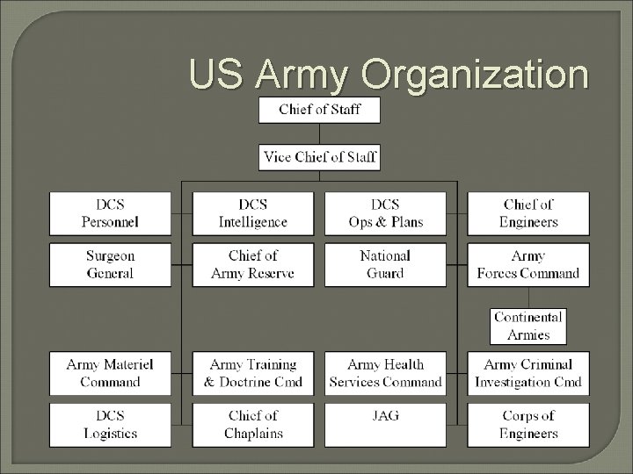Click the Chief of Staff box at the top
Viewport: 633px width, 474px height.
[x=319, y=110]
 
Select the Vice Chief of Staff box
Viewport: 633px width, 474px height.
[x=319, y=157]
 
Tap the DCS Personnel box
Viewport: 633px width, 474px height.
[x=110, y=213]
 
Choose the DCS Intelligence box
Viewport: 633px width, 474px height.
[x=252, y=213]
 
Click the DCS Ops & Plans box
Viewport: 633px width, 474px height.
[x=385, y=213]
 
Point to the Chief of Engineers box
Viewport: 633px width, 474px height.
[x=528, y=213]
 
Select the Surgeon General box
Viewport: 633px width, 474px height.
[x=110, y=264]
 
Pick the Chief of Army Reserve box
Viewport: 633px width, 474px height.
[x=252, y=264]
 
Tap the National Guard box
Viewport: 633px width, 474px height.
[x=385, y=264]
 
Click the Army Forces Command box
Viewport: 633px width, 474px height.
[x=528, y=264]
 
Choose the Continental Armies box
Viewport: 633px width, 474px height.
[x=528, y=326]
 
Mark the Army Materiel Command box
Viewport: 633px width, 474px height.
[x=110, y=373]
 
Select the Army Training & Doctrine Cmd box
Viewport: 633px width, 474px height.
[x=252, y=373]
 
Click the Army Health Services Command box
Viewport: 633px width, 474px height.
[x=385, y=373]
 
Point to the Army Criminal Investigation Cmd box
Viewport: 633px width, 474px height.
[x=528, y=373]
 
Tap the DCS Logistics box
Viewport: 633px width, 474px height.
[x=110, y=424]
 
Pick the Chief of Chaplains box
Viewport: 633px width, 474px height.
[x=252, y=424]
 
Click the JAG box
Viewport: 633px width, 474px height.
[x=385, y=424]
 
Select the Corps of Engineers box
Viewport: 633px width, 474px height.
[x=528, y=424]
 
